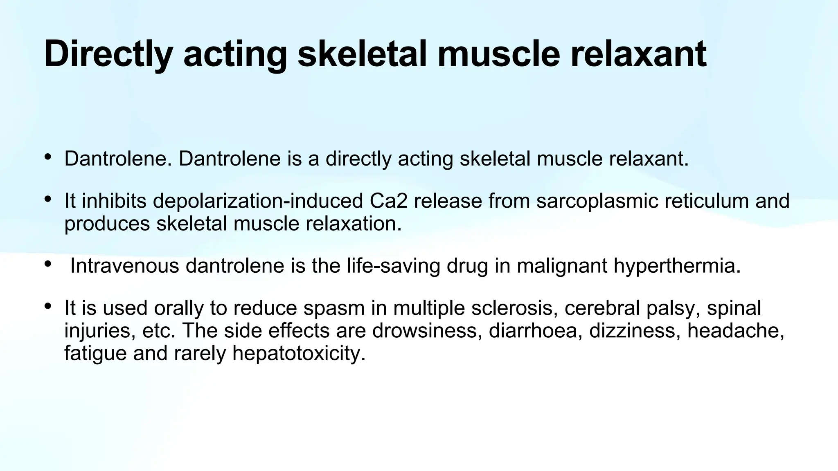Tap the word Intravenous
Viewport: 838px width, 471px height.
(x=125, y=266)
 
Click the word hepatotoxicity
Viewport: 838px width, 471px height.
(x=299, y=353)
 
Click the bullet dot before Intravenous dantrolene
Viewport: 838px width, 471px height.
(x=48, y=264)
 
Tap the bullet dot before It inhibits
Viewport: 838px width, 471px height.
(x=48, y=199)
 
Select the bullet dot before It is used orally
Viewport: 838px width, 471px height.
(x=48, y=306)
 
